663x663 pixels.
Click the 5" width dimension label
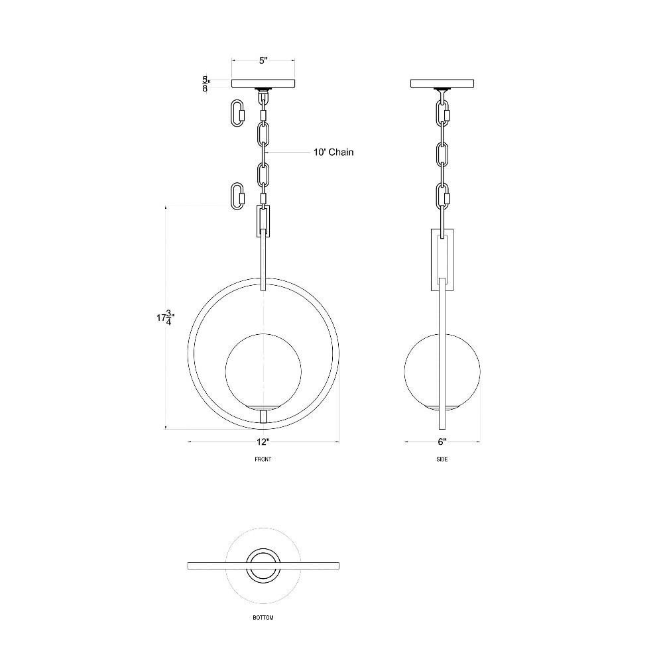pyautogui.click(x=263, y=60)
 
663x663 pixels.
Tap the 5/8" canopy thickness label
pyautogui.click(x=206, y=84)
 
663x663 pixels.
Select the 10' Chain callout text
pyautogui.click(x=333, y=152)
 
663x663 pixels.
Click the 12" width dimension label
pyautogui.click(x=263, y=442)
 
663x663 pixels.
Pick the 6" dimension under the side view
pyautogui.click(x=442, y=442)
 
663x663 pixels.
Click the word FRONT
pyautogui.click(x=263, y=459)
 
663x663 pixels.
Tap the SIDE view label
pyautogui.click(x=442, y=459)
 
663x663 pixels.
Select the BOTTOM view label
pyautogui.click(x=263, y=618)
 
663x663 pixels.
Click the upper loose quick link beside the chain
pyautogui.click(x=237, y=113)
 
